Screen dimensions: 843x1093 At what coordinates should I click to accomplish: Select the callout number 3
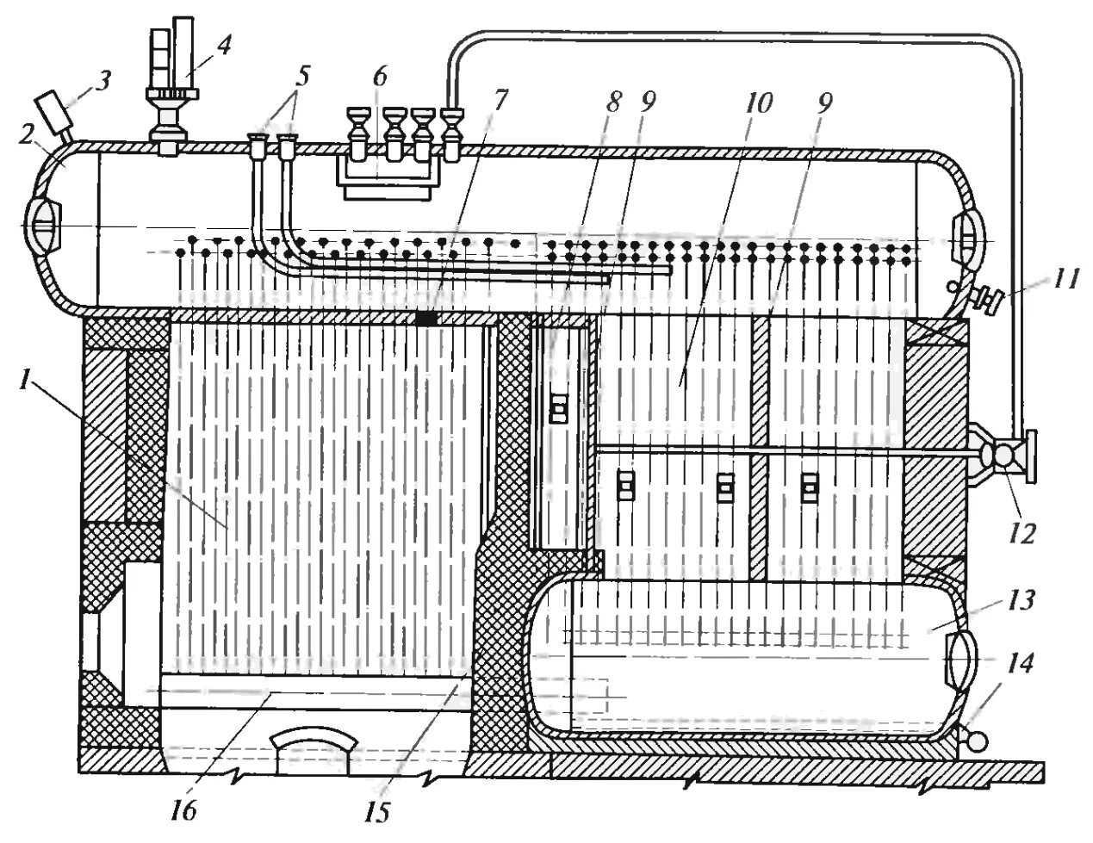pyautogui.click(x=103, y=83)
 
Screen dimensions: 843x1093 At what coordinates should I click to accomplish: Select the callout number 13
pyautogui.click(x=1025, y=598)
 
